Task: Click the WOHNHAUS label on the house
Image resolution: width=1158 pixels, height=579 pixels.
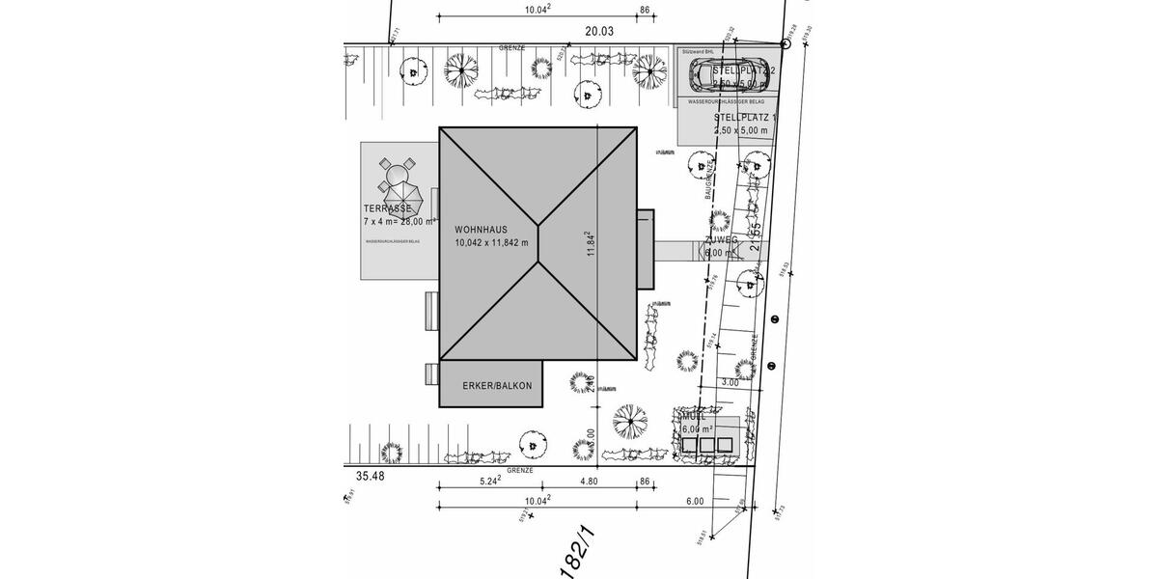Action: point(482,229)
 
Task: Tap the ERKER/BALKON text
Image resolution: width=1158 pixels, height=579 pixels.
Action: point(497,386)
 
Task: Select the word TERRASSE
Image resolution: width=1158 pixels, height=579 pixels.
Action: point(388,208)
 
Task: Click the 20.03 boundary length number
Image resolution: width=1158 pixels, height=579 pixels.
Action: point(599,31)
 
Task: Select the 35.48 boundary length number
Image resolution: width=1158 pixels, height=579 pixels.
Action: point(370,476)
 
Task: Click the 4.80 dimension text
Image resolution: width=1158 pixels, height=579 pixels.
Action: point(589,480)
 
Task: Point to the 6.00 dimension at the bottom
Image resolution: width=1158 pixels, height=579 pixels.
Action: point(695,501)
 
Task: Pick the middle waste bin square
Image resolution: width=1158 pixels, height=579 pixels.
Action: point(706,445)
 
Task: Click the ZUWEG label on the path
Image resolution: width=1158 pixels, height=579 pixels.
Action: point(722,239)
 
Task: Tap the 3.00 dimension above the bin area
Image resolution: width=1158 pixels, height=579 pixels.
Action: point(731,382)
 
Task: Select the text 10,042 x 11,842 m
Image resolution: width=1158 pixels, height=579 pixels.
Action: point(492,243)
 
